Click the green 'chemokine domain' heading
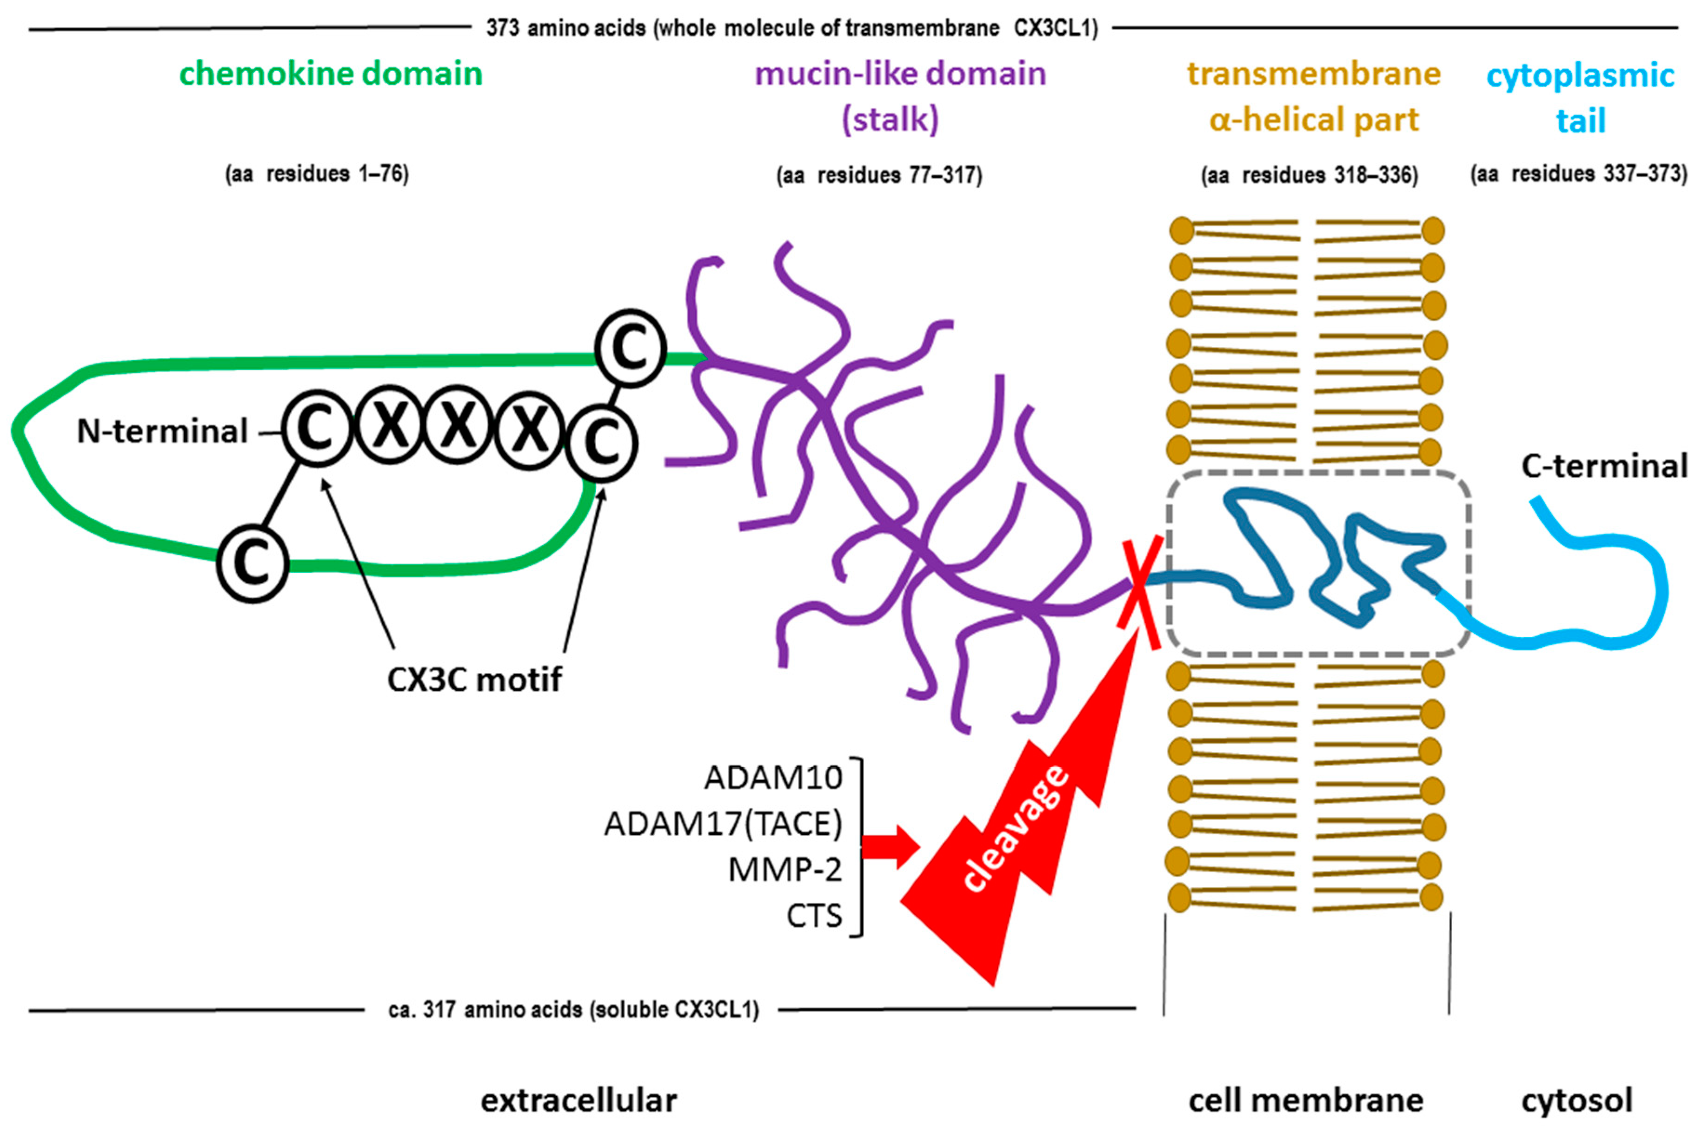point(331,74)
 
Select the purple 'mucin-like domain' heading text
point(900,74)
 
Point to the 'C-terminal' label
point(1604,466)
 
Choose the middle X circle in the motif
point(459,427)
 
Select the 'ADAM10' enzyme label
point(773,778)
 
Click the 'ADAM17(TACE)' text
point(723,824)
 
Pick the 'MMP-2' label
point(785,870)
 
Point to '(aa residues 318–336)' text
point(1309,176)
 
